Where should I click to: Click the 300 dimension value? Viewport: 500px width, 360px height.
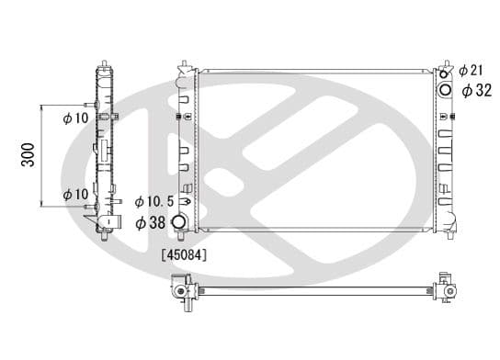[28, 156]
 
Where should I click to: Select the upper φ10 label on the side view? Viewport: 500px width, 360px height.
[75, 118]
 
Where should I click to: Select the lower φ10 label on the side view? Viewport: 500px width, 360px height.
[75, 195]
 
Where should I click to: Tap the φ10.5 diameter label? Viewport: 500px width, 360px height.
[153, 201]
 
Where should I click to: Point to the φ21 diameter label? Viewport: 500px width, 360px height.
[471, 70]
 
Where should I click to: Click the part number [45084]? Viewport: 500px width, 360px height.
[183, 254]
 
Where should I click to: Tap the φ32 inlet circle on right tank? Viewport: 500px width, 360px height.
[447, 89]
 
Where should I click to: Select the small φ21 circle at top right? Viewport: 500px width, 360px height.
[447, 72]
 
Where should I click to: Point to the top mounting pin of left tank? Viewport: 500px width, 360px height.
[187, 64]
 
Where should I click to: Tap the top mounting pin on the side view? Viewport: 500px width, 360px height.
[103, 63]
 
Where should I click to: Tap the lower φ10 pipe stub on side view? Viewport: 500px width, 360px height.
[117, 201]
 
